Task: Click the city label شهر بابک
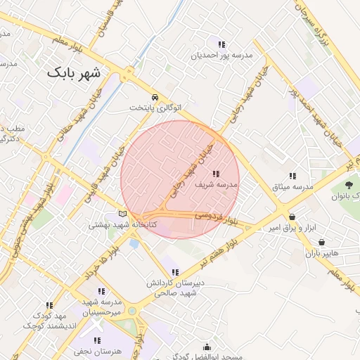74,72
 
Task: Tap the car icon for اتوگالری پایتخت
155,97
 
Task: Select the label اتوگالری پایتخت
155,108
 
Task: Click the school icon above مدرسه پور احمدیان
221,44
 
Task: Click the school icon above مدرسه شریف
215,173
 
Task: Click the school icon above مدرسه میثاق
292,176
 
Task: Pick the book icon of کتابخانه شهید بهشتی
123,214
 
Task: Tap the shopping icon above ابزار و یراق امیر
292,217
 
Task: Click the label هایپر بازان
321,252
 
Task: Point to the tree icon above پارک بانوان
349,186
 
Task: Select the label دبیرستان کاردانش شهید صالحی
175,287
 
